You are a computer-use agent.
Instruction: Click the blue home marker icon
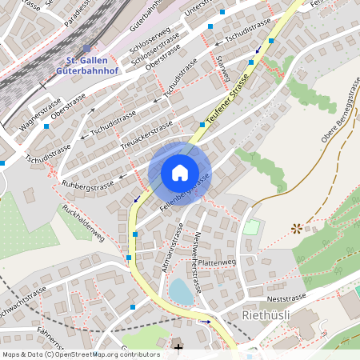[180, 172]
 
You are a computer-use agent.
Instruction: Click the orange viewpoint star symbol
[298, 228]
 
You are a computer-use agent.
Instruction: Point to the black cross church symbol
[178, 347]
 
